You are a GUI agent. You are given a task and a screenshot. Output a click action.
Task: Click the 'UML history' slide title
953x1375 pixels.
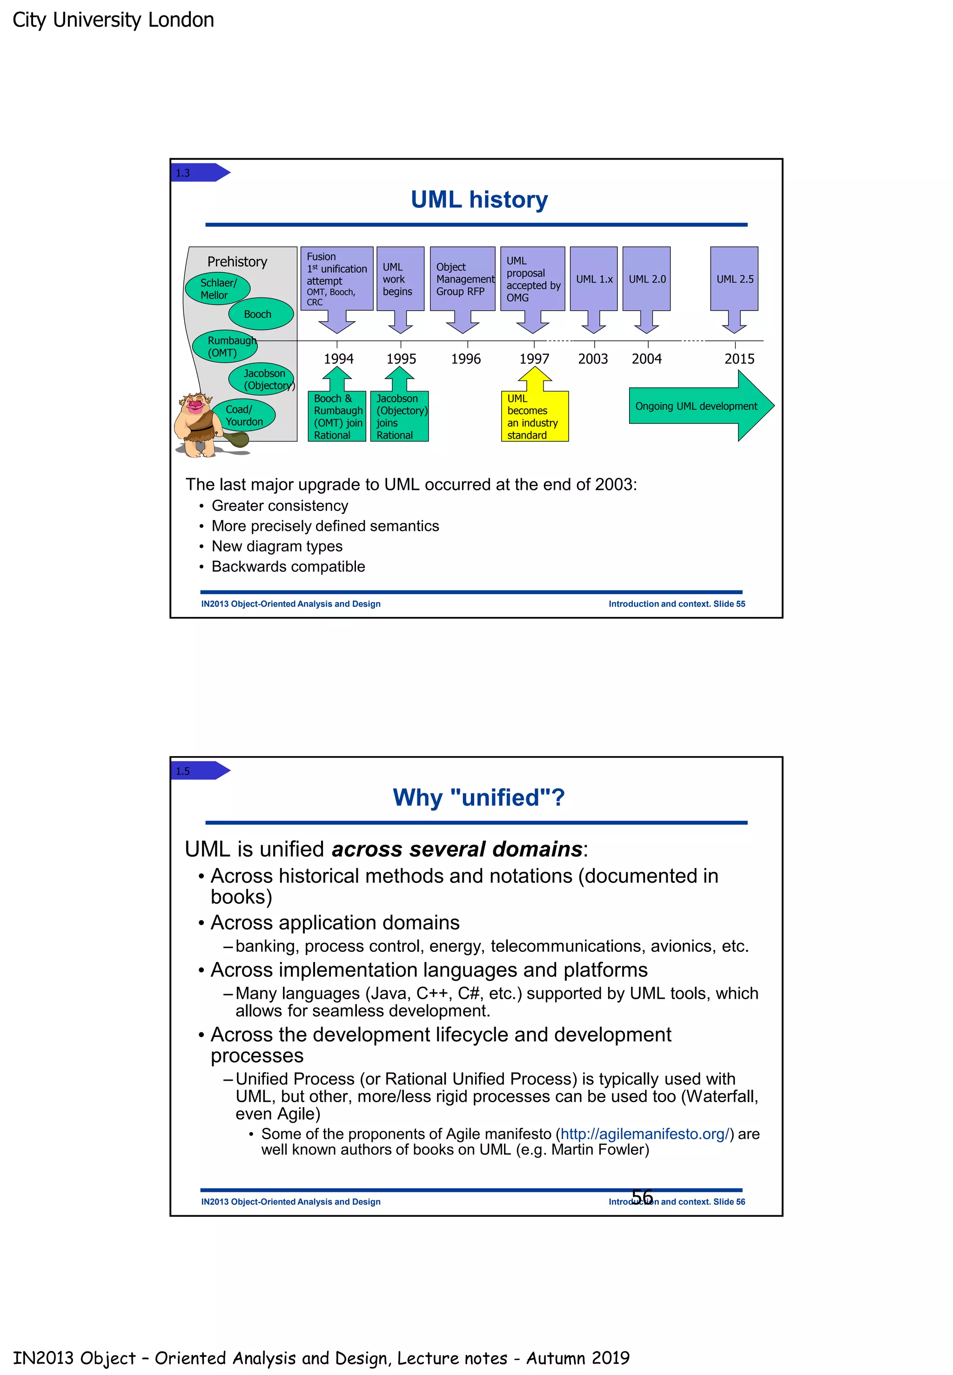[479, 200]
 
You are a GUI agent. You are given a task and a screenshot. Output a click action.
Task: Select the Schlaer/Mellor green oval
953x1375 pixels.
[217, 289]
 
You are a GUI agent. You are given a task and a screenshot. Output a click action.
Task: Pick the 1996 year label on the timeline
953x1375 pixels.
[465, 359]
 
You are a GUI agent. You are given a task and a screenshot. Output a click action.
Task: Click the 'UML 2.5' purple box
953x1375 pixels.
[734, 279]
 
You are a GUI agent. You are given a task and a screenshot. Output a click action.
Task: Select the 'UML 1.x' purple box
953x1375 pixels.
[594, 279]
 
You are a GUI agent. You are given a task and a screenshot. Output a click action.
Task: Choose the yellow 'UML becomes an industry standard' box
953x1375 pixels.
[534, 416]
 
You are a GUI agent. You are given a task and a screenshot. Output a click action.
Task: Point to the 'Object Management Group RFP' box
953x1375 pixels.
[462, 279]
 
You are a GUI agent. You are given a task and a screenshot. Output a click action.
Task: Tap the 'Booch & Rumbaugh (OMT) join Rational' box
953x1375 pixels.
[337, 416]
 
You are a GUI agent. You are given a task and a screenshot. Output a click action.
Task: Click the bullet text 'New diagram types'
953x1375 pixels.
[277, 546]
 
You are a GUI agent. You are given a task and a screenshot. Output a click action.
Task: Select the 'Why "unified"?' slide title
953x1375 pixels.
[478, 797]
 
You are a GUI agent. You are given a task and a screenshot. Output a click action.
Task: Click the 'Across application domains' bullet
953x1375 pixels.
[335, 923]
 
